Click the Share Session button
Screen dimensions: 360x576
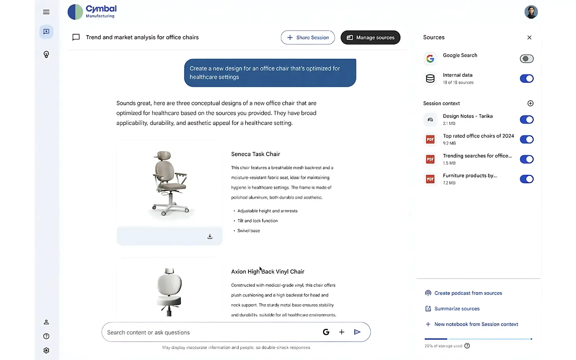point(307,37)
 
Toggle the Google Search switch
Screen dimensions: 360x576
point(526,59)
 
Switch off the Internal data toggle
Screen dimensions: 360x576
point(526,79)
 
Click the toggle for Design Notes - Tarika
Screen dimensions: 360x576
point(526,120)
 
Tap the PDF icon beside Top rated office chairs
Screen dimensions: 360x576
point(430,139)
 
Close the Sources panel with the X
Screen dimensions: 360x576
point(529,37)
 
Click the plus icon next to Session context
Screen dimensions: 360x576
point(530,103)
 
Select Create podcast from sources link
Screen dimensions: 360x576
point(468,293)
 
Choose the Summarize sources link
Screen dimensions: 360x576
point(457,309)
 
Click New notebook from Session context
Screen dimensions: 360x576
point(476,324)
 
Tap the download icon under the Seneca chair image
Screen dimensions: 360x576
point(210,237)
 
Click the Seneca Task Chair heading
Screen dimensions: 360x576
point(255,154)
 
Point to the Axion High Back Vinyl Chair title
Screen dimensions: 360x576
point(268,272)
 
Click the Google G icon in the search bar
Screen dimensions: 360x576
point(326,332)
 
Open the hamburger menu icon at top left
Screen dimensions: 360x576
point(46,12)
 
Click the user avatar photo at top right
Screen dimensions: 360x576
point(531,12)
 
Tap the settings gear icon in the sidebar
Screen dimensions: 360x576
point(46,350)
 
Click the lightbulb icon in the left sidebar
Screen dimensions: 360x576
point(46,55)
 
